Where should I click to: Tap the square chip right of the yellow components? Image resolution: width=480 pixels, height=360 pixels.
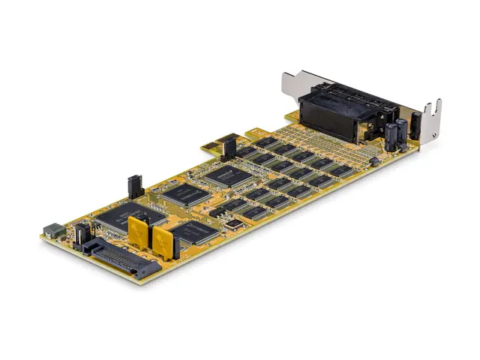(193, 232)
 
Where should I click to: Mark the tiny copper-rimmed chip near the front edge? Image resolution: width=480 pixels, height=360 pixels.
(235, 223)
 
